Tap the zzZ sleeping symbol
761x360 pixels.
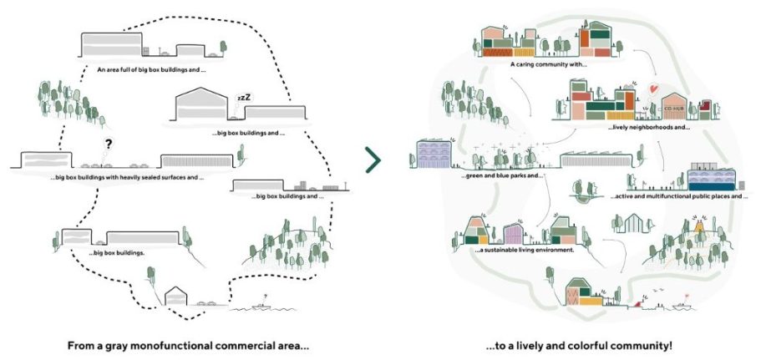[x=243, y=99]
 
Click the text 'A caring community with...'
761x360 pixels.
[x=549, y=63]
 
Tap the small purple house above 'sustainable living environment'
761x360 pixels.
[x=511, y=233]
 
